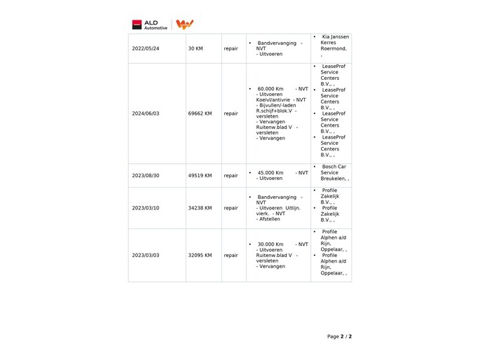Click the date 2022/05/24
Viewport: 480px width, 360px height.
[145, 49]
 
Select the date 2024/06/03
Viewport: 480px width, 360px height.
[145, 113]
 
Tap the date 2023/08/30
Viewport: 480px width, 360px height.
[145, 176]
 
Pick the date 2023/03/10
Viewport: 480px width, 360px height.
[145, 208]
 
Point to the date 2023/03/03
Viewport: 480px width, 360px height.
[145, 256]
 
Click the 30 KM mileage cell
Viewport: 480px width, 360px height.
[196, 49]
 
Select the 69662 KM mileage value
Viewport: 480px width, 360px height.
[200, 113]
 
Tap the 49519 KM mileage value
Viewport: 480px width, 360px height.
[200, 176]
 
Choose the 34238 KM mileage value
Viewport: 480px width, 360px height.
[200, 208]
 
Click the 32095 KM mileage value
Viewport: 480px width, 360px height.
[200, 256]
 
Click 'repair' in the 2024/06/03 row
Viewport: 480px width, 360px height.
[231, 113]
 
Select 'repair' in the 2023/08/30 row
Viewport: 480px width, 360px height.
[231, 176]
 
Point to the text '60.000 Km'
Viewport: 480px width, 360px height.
[270, 89]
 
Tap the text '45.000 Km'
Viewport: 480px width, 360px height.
[270, 172]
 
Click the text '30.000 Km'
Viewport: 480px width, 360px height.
[270, 244]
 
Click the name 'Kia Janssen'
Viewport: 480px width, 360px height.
[335, 36]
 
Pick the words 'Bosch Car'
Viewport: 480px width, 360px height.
[334, 167]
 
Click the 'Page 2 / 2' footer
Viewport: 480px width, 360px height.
[339, 336]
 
